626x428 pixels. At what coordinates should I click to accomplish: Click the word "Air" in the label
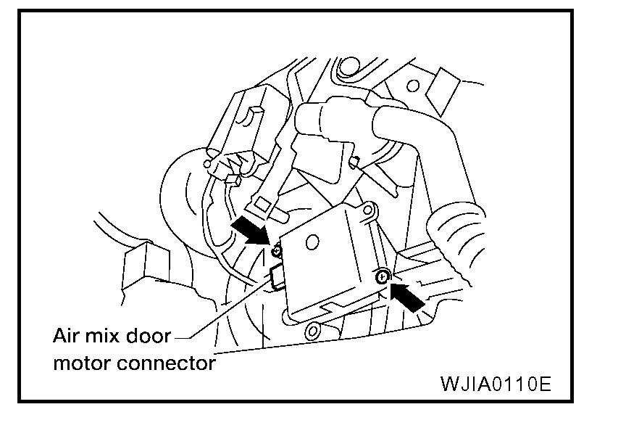click(67, 337)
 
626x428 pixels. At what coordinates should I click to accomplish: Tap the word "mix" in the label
click(107, 337)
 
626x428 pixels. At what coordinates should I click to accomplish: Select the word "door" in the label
click(151, 337)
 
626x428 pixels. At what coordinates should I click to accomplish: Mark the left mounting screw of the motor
click(276, 250)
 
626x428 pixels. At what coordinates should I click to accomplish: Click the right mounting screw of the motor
click(381, 276)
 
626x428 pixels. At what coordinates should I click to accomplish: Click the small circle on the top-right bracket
click(412, 86)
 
